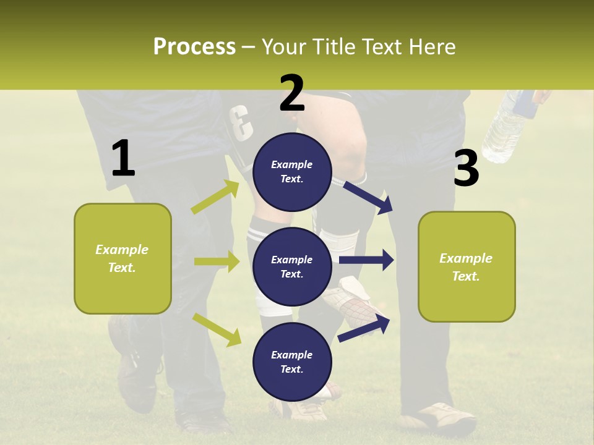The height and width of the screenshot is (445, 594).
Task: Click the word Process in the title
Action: pos(194,47)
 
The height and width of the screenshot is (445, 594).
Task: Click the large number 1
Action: pos(123,159)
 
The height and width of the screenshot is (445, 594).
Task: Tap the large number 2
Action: pos(292,93)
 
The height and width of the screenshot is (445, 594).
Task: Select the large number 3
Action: pos(466,169)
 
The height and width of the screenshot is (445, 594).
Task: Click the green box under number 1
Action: pos(123,258)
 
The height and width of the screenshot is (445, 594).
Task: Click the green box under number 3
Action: pos(467,266)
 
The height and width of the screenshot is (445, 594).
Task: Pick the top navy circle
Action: pos(292,172)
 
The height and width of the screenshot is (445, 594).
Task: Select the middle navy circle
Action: pos(292,266)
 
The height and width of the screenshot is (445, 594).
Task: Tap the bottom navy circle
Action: pos(292,362)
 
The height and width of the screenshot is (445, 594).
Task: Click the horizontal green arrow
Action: pos(217,261)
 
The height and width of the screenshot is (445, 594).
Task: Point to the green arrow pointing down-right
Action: pos(217,329)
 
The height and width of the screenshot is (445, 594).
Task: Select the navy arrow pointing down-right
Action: pos(368,197)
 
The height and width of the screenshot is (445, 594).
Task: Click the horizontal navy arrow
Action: pos(366,260)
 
